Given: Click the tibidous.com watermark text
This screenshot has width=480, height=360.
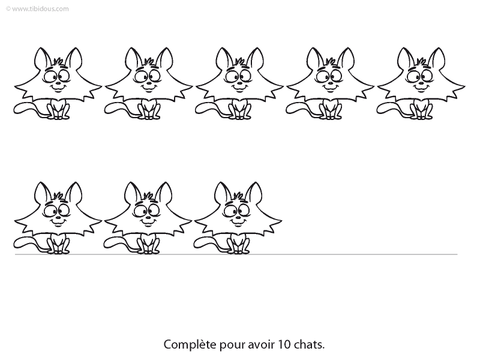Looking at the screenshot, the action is click(x=37, y=8).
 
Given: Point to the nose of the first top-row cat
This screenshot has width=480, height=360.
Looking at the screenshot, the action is click(x=57, y=83).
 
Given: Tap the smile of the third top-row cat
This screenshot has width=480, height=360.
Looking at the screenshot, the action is click(x=238, y=88).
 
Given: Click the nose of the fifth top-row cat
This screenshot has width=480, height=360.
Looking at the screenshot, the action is click(x=421, y=83).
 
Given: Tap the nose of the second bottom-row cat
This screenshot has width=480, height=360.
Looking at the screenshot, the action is click(x=148, y=217).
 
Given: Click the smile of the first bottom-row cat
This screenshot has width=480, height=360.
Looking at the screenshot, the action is click(x=57, y=223).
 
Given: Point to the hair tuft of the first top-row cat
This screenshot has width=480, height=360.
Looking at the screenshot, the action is click(x=58, y=61).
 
